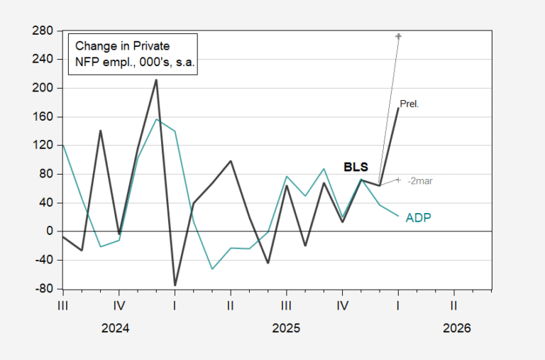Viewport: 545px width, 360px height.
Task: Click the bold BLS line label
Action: point(356,168)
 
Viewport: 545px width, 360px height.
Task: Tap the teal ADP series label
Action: point(419,217)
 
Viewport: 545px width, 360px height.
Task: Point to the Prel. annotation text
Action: point(409,104)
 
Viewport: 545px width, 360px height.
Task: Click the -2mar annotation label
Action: point(420,181)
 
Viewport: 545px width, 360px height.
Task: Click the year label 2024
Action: point(115,329)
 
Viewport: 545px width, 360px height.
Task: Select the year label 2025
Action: point(285,329)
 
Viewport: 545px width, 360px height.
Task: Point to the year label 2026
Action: point(456,329)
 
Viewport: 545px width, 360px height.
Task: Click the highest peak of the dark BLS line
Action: point(156,80)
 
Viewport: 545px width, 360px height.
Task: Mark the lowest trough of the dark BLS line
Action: point(175,285)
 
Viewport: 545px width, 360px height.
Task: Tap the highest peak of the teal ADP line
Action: point(156,119)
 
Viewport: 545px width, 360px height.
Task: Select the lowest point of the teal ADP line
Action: point(211,269)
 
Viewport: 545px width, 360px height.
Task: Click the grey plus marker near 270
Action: point(399,36)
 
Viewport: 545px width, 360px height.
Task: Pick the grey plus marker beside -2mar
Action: point(399,180)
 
